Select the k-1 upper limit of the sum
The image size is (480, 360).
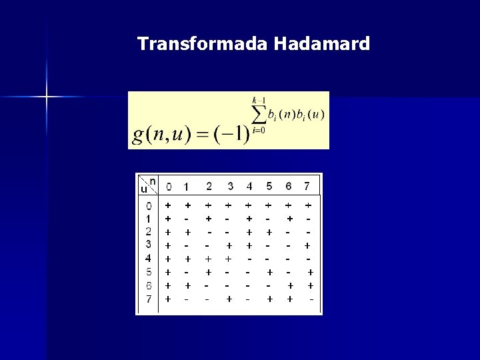[259, 100]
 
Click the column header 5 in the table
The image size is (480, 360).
[269, 185]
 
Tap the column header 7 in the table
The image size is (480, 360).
[307, 185]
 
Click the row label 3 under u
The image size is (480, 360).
[148, 245]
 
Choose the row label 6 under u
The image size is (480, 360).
[148, 285]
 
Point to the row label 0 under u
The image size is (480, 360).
[148, 205]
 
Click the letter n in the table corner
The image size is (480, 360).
[153, 181]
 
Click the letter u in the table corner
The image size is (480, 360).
[143, 189]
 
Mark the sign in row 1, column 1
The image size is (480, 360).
[188, 219]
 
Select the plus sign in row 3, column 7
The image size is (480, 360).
[307, 245]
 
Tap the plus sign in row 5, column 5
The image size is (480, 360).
[269, 272]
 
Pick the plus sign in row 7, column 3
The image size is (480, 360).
[229, 299]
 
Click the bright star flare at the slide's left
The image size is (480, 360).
[47, 97]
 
